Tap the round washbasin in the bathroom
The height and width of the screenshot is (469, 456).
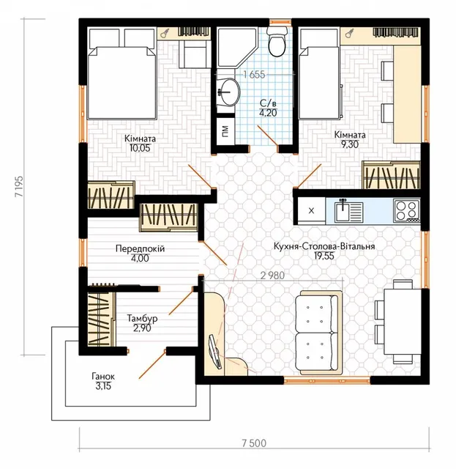pyautogui.click(x=229, y=92)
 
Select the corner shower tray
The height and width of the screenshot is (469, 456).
pyautogui.click(x=237, y=47)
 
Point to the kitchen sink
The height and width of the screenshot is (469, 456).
pyautogui.click(x=349, y=211)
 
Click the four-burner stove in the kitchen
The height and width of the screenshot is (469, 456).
pyautogui.click(x=406, y=211)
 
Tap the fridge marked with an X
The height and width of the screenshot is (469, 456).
pyautogui.click(x=311, y=211)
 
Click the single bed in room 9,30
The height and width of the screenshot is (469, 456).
pyautogui.click(x=319, y=73)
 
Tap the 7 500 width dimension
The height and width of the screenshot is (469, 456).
pyautogui.click(x=254, y=443)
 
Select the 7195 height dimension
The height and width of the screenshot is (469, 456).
pyautogui.click(x=18, y=186)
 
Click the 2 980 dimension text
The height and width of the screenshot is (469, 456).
pyautogui.click(x=272, y=276)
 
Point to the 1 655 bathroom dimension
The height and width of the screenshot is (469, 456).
pyautogui.click(x=254, y=75)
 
